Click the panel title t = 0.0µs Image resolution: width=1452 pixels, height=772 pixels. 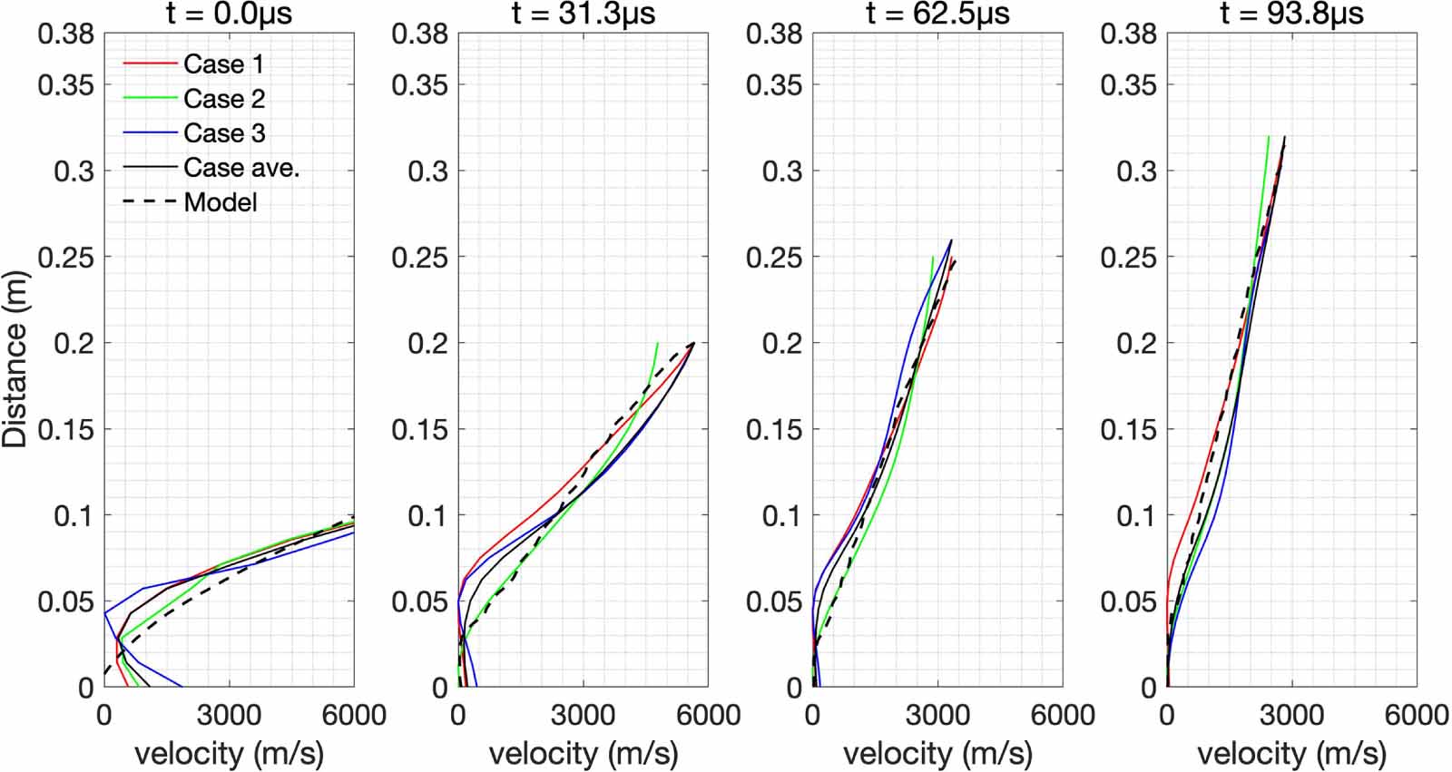[229, 14]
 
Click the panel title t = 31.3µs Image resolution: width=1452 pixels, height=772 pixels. [583, 14]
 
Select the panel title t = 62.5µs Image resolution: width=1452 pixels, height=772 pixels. [937, 14]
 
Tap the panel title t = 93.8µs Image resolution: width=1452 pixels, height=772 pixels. [1291, 14]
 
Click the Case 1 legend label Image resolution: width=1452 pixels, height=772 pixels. [223, 64]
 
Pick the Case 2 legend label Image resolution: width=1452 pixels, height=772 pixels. [224, 99]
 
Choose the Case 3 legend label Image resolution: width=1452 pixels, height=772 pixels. [224, 133]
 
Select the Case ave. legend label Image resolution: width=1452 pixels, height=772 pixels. [240, 168]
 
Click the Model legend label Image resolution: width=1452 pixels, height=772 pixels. [220, 202]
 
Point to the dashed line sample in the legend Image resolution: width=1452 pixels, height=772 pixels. [149, 202]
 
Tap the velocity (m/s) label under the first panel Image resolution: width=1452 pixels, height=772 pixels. [229, 753]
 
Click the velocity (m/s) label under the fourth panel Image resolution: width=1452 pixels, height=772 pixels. [1291, 753]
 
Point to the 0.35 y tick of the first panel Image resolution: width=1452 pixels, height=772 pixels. [65, 85]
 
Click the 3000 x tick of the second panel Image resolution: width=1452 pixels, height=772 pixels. [583, 715]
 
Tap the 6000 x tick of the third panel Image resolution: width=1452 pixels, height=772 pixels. [1062, 715]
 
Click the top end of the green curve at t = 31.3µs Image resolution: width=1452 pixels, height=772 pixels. [657, 344]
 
